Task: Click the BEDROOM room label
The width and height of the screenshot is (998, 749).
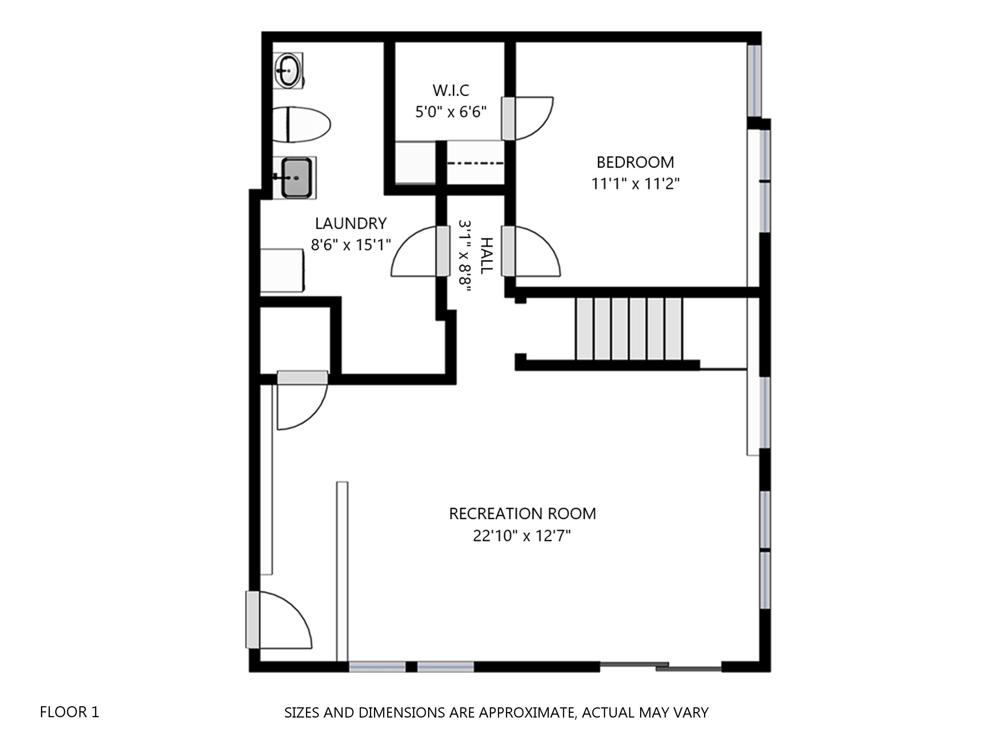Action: (x=635, y=162)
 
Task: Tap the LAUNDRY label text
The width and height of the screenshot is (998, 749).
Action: (x=351, y=223)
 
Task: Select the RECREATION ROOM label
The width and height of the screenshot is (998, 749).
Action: (x=522, y=514)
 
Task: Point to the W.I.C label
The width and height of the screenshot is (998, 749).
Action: (x=451, y=90)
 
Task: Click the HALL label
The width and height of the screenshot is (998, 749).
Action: (x=486, y=256)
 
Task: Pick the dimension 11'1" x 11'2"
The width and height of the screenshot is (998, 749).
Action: (x=635, y=184)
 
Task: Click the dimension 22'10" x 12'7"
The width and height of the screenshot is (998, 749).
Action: (x=522, y=536)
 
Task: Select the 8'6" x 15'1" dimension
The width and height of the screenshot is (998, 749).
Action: (x=351, y=245)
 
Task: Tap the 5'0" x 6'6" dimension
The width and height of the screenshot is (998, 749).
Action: (x=451, y=112)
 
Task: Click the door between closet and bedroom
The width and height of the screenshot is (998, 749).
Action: (x=528, y=118)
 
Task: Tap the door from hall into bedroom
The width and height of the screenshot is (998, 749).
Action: (x=532, y=251)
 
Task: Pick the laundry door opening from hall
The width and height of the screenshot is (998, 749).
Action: (x=420, y=251)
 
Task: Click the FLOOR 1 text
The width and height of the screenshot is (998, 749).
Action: (x=69, y=712)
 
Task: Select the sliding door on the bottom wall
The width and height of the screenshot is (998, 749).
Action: (x=661, y=666)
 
